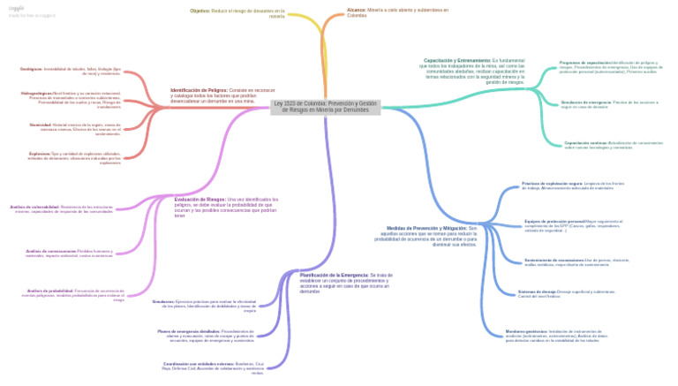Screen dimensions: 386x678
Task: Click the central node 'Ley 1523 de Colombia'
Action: (x=326, y=107)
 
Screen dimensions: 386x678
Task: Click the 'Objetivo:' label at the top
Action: (x=200, y=11)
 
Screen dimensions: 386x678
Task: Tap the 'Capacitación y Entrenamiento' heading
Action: (x=456, y=60)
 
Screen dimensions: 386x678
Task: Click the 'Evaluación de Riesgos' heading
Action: (x=200, y=199)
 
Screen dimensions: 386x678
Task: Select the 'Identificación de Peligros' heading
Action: (x=199, y=90)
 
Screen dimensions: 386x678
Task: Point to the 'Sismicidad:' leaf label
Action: (x=40, y=125)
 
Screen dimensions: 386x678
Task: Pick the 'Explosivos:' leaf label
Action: (x=39, y=153)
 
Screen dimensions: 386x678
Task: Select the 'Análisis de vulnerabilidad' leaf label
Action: (x=34, y=207)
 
